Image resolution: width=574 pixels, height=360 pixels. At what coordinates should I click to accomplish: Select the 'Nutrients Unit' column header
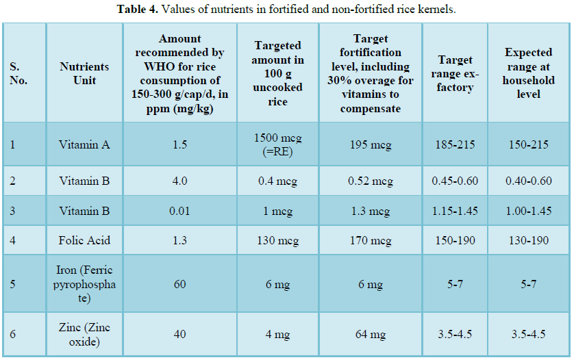[x=84, y=73]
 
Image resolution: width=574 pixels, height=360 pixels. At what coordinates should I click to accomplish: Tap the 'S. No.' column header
[x=18, y=73]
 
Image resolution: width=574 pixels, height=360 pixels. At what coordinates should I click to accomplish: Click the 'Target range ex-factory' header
[x=456, y=73]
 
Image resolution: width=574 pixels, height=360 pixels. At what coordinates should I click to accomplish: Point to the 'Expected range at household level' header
[x=528, y=73]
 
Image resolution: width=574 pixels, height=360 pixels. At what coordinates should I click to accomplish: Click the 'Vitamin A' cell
[x=84, y=144]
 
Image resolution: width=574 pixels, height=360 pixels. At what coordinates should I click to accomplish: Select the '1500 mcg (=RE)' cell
[x=278, y=144]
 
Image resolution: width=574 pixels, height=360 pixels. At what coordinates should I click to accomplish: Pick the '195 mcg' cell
[x=371, y=144]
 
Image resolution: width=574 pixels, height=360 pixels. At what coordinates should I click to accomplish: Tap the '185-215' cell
[x=456, y=144]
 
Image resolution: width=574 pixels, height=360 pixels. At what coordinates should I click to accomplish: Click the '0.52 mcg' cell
[x=371, y=181]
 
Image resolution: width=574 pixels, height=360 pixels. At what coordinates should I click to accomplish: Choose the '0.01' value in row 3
[x=179, y=211]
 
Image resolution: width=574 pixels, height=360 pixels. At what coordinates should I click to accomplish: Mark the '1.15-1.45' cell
[x=456, y=211]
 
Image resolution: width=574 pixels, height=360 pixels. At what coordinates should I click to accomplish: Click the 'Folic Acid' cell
[x=84, y=240]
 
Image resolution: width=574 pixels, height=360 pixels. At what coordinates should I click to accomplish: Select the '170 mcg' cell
[x=371, y=240]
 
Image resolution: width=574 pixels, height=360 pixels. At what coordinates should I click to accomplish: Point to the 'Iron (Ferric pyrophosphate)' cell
[x=84, y=284]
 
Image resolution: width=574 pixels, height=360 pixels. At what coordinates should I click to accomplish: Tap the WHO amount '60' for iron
[x=179, y=284]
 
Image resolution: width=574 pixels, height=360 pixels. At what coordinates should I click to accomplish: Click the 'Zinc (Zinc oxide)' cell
[x=84, y=335]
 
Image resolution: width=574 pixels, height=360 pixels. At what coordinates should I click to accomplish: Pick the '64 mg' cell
[x=371, y=335]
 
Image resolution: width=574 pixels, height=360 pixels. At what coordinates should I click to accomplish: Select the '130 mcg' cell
[x=278, y=240]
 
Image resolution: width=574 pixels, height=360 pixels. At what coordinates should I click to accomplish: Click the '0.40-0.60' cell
[x=528, y=181]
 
